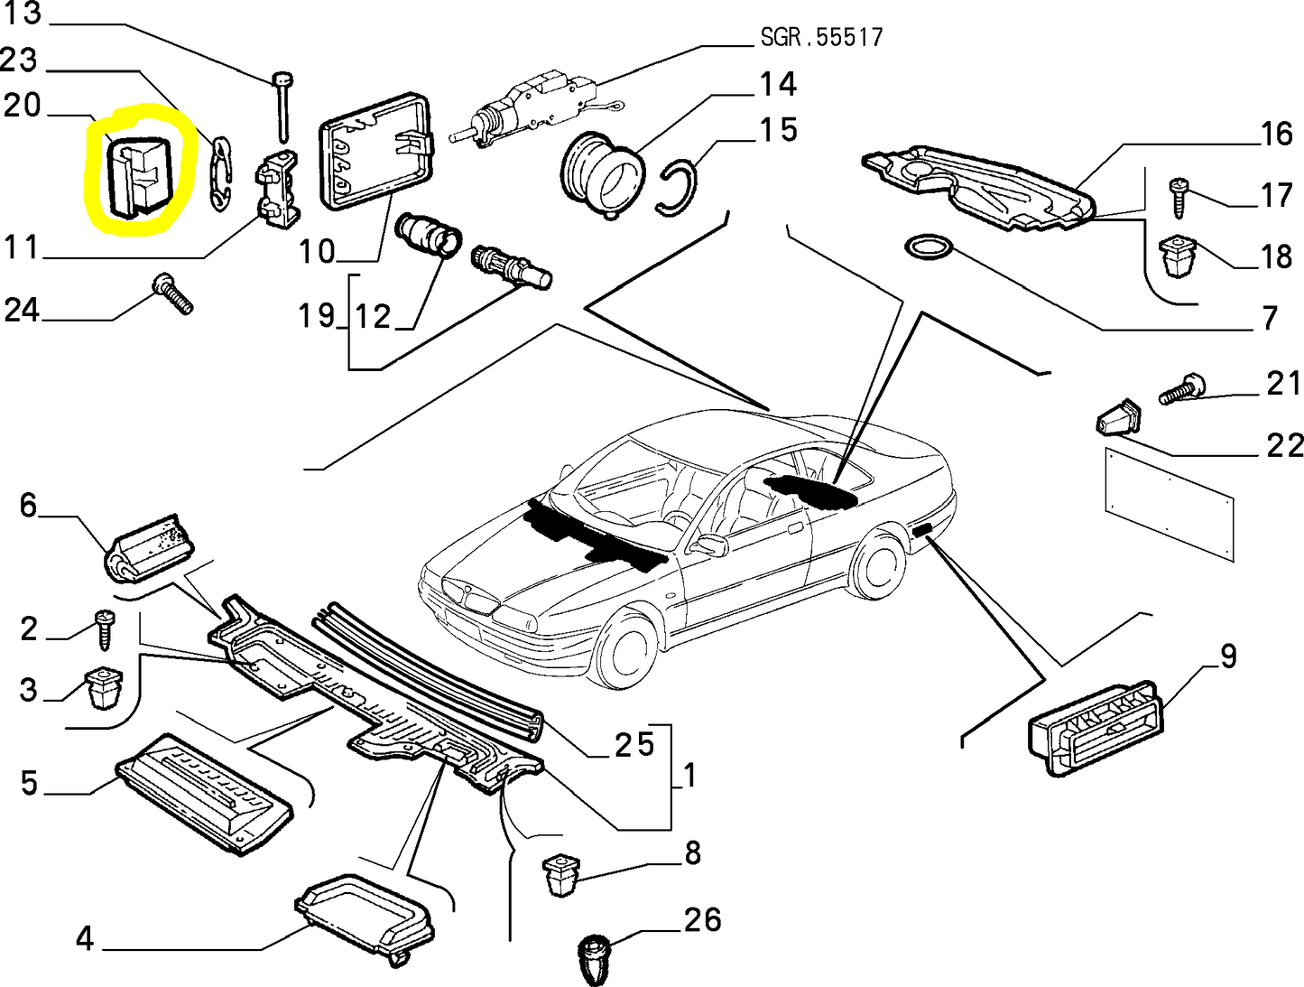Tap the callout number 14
[777, 85]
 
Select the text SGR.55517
[821, 37]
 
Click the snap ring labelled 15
[679, 187]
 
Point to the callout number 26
[702, 920]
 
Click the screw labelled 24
[173, 294]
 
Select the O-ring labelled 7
[926, 246]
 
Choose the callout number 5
[30, 782]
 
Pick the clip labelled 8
[561, 874]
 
